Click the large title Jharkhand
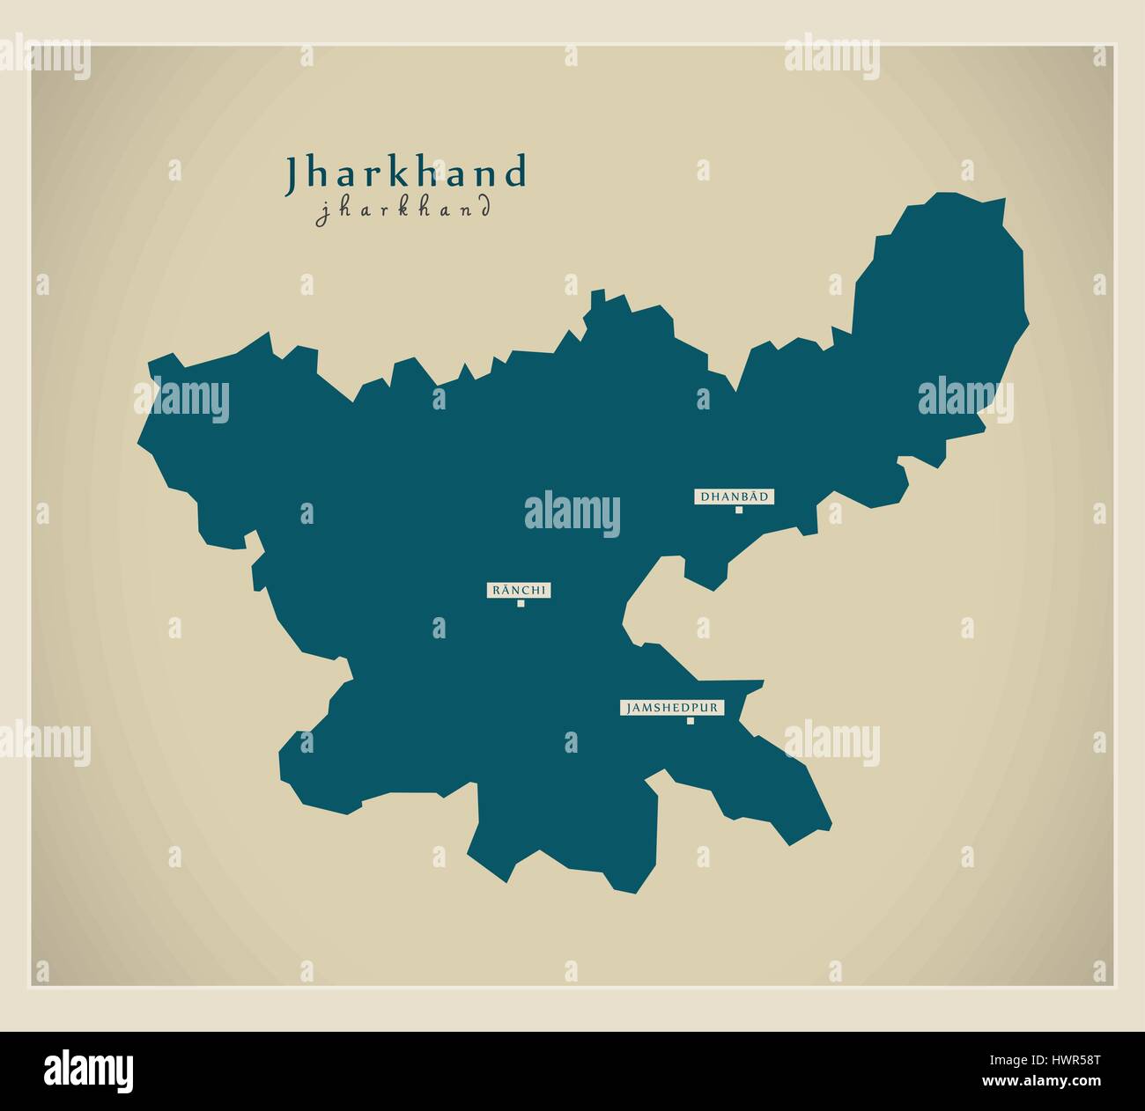[x=405, y=173]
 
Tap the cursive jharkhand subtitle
[x=403, y=210]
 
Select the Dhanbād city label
[x=735, y=497]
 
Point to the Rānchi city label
[x=519, y=591]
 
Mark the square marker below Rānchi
[x=521, y=604]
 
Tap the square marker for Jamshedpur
[x=690, y=721]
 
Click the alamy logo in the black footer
[x=89, y=1070]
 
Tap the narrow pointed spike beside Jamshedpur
[x=758, y=683]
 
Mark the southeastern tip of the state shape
[x=829, y=828]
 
